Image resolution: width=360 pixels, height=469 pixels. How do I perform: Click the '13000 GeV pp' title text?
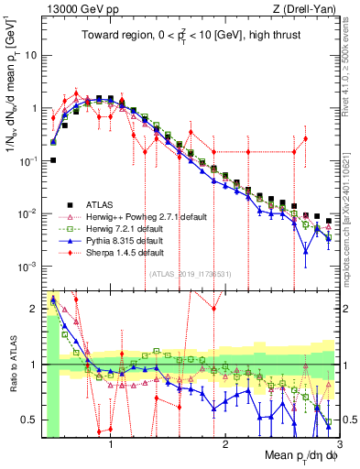pyautogui.click(x=81, y=8)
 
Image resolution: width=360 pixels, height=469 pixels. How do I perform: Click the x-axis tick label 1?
pyautogui.click(x=111, y=446)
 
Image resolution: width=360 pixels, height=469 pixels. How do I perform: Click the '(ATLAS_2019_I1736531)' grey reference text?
pyautogui.click(x=190, y=274)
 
